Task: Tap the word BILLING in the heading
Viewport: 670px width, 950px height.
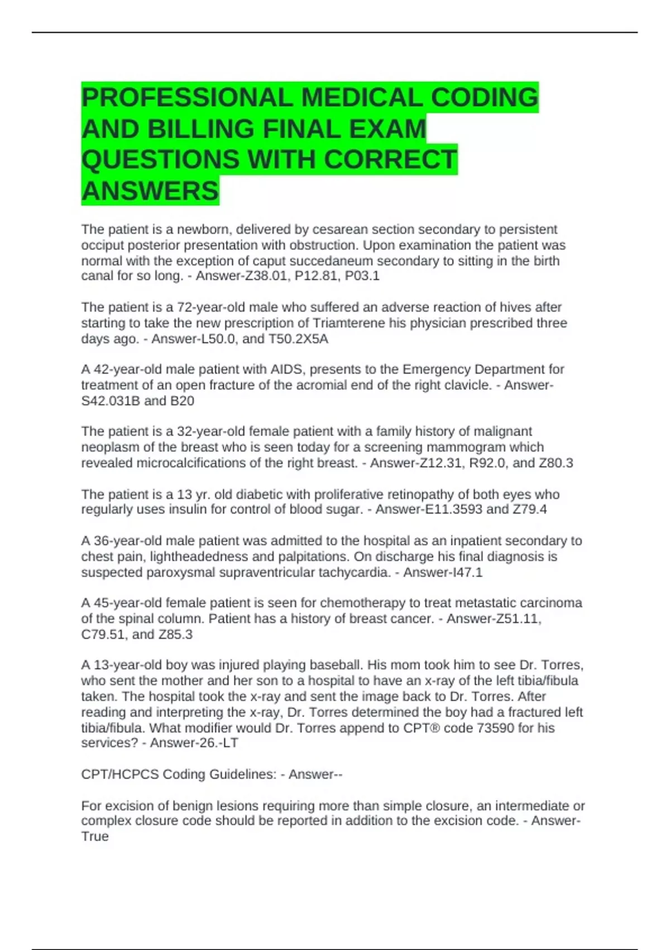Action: (200, 129)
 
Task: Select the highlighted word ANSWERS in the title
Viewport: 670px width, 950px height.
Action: (150, 191)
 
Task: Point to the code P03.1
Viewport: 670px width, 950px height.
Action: (362, 276)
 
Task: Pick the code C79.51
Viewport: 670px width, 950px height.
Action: (104, 634)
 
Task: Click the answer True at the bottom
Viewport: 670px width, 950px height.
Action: (95, 837)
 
